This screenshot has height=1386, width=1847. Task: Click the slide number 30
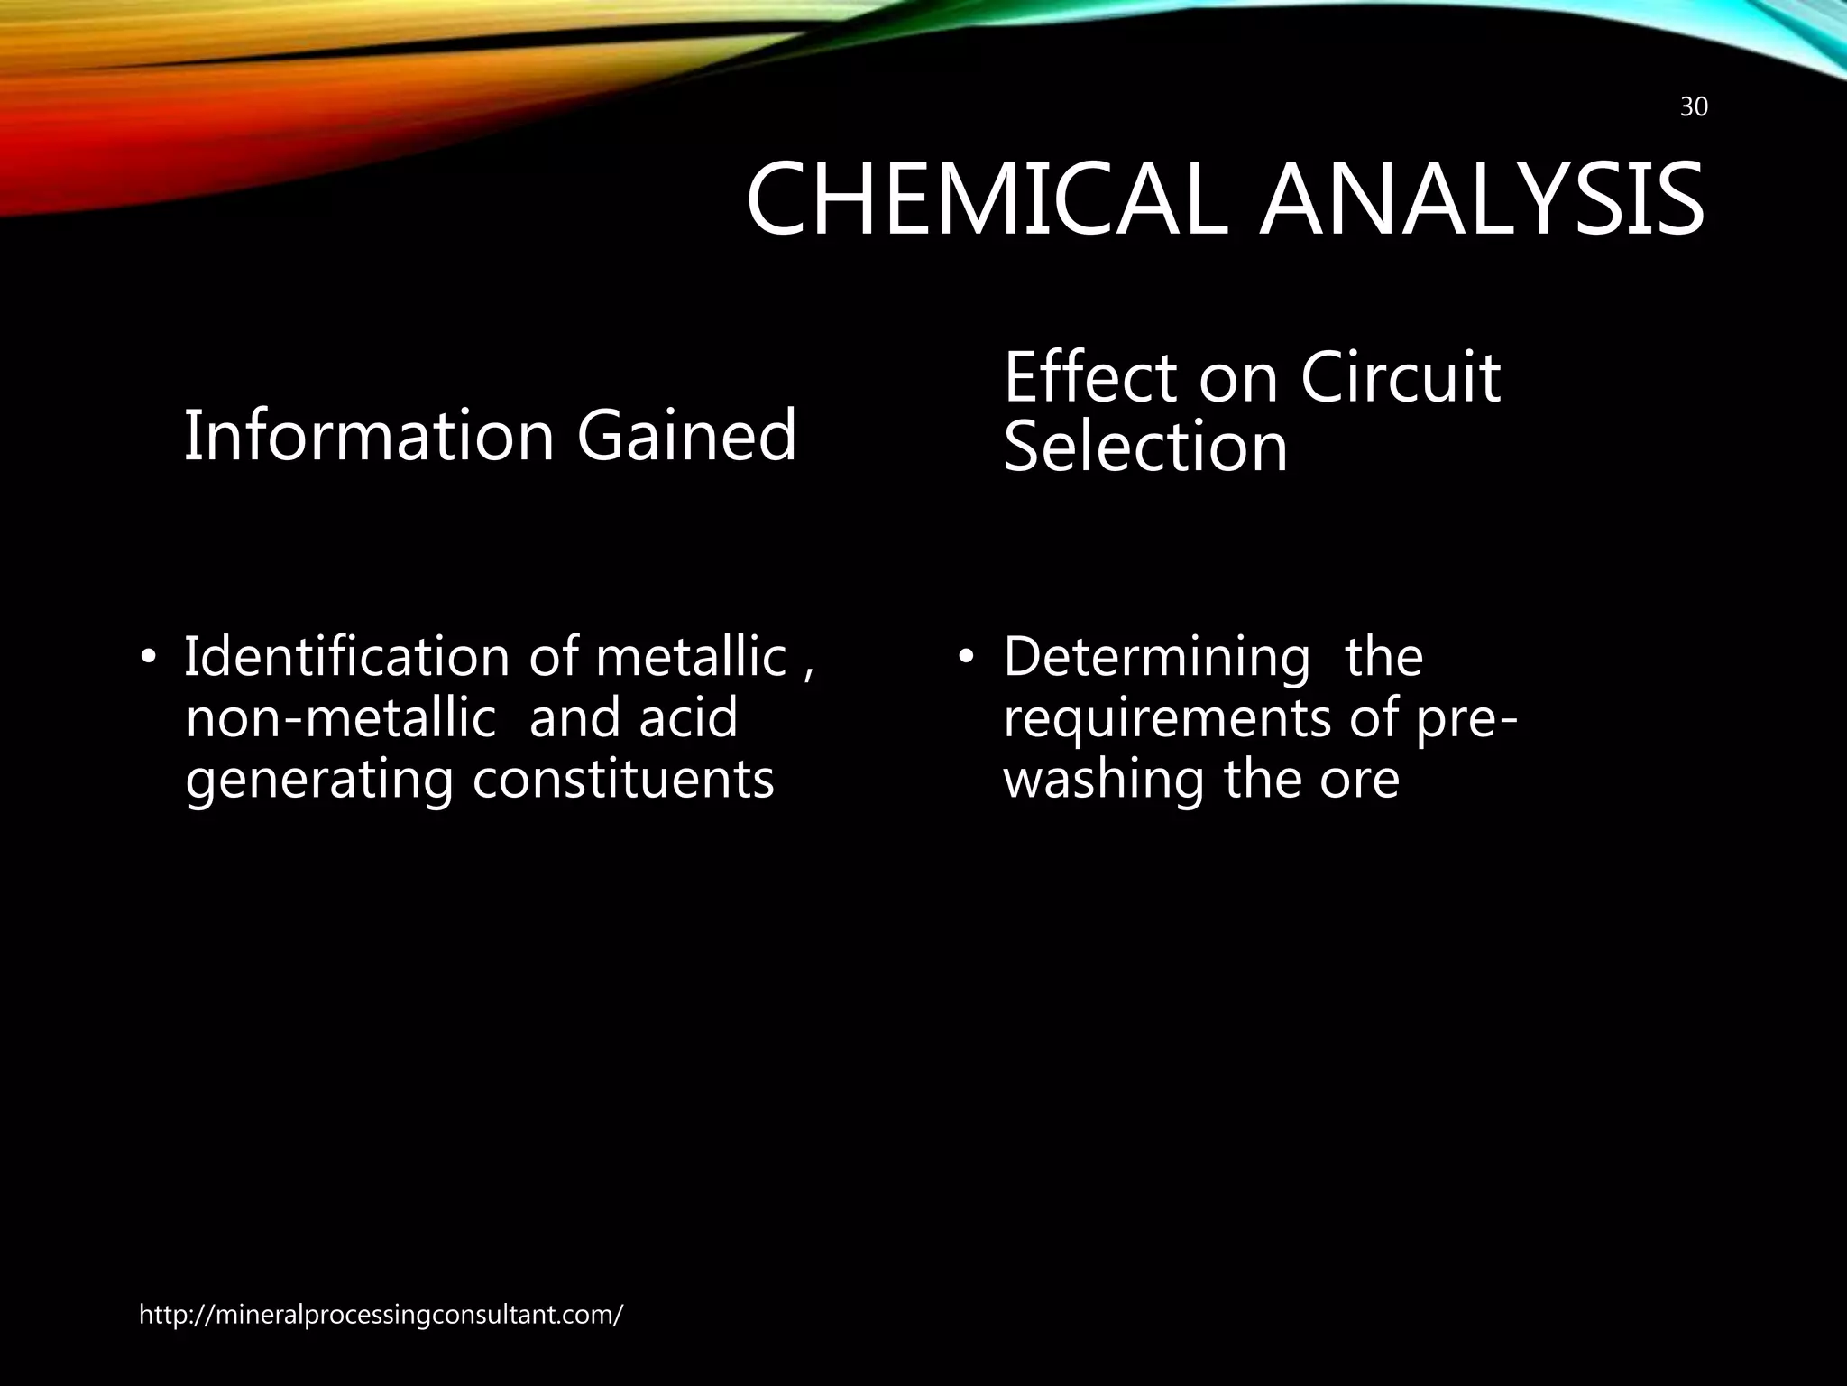click(1694, 107)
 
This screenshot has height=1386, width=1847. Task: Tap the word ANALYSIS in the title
click(1482, 200)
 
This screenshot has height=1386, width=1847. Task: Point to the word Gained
click(686, 436)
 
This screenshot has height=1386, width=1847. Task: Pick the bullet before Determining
click(967, 657)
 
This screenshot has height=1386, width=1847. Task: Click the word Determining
click(1156, 658)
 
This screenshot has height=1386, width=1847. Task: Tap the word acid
click(688, 718)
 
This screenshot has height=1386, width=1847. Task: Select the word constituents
click(623, 780)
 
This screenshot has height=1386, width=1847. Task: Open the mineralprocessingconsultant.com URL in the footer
click(381, 1315)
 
